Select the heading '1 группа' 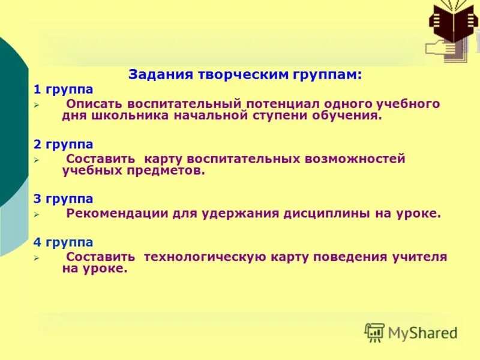point(63,89)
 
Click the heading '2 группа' point(63,145)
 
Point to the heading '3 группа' point(63,199)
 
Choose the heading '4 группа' point(63,242)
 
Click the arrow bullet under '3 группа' point(36,214)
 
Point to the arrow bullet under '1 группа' point(36,105)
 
